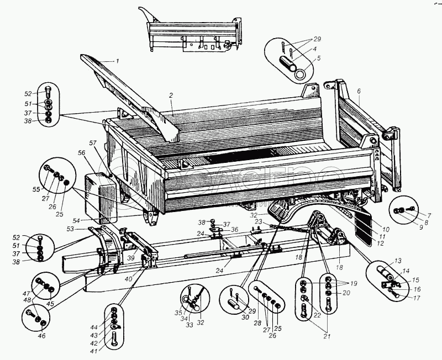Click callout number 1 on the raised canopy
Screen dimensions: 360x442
coord(117,59)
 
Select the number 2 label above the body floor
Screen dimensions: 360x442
coord(171,96)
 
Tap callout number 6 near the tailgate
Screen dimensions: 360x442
coord(359,91)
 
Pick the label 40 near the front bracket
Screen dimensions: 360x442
coord(128,279)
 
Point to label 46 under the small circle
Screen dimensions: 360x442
coord(42,336)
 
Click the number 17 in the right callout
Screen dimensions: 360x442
coord(417,298)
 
